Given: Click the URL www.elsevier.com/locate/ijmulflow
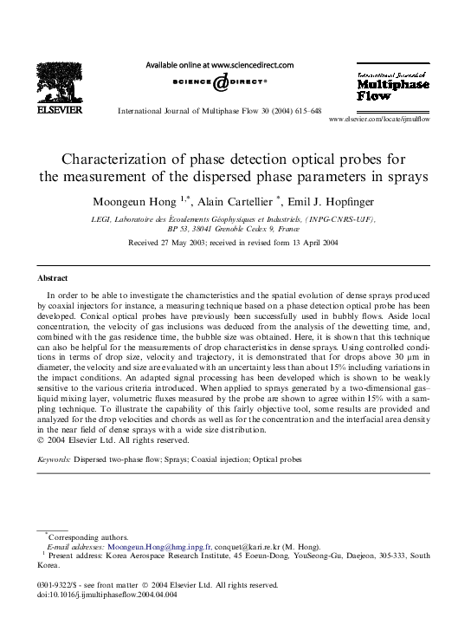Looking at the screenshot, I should pyautogui.click(x=392, y=119).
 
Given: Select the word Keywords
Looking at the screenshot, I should pyautogui.click(x=55, y=459).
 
